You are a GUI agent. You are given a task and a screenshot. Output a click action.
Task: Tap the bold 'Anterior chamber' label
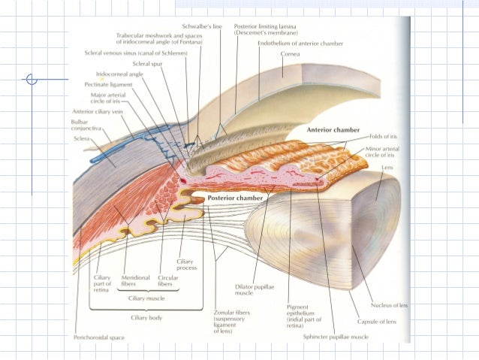tap(336, 129)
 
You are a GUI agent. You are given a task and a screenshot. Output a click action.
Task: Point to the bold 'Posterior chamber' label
tap(236, 198)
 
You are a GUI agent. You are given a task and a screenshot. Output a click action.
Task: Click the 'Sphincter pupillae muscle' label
tap(336, 337)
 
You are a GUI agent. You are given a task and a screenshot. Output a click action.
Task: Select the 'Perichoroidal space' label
tap(98, 337)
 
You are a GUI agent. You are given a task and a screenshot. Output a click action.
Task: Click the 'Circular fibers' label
tap(168, 281)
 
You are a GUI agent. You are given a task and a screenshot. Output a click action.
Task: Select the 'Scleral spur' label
tap(149, 65)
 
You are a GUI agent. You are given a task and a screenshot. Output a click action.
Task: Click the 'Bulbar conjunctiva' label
tap(85, 125)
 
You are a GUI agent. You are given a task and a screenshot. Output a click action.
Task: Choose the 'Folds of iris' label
tap(383, 137)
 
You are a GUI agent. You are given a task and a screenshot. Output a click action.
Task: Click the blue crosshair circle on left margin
tap(32, 79)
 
